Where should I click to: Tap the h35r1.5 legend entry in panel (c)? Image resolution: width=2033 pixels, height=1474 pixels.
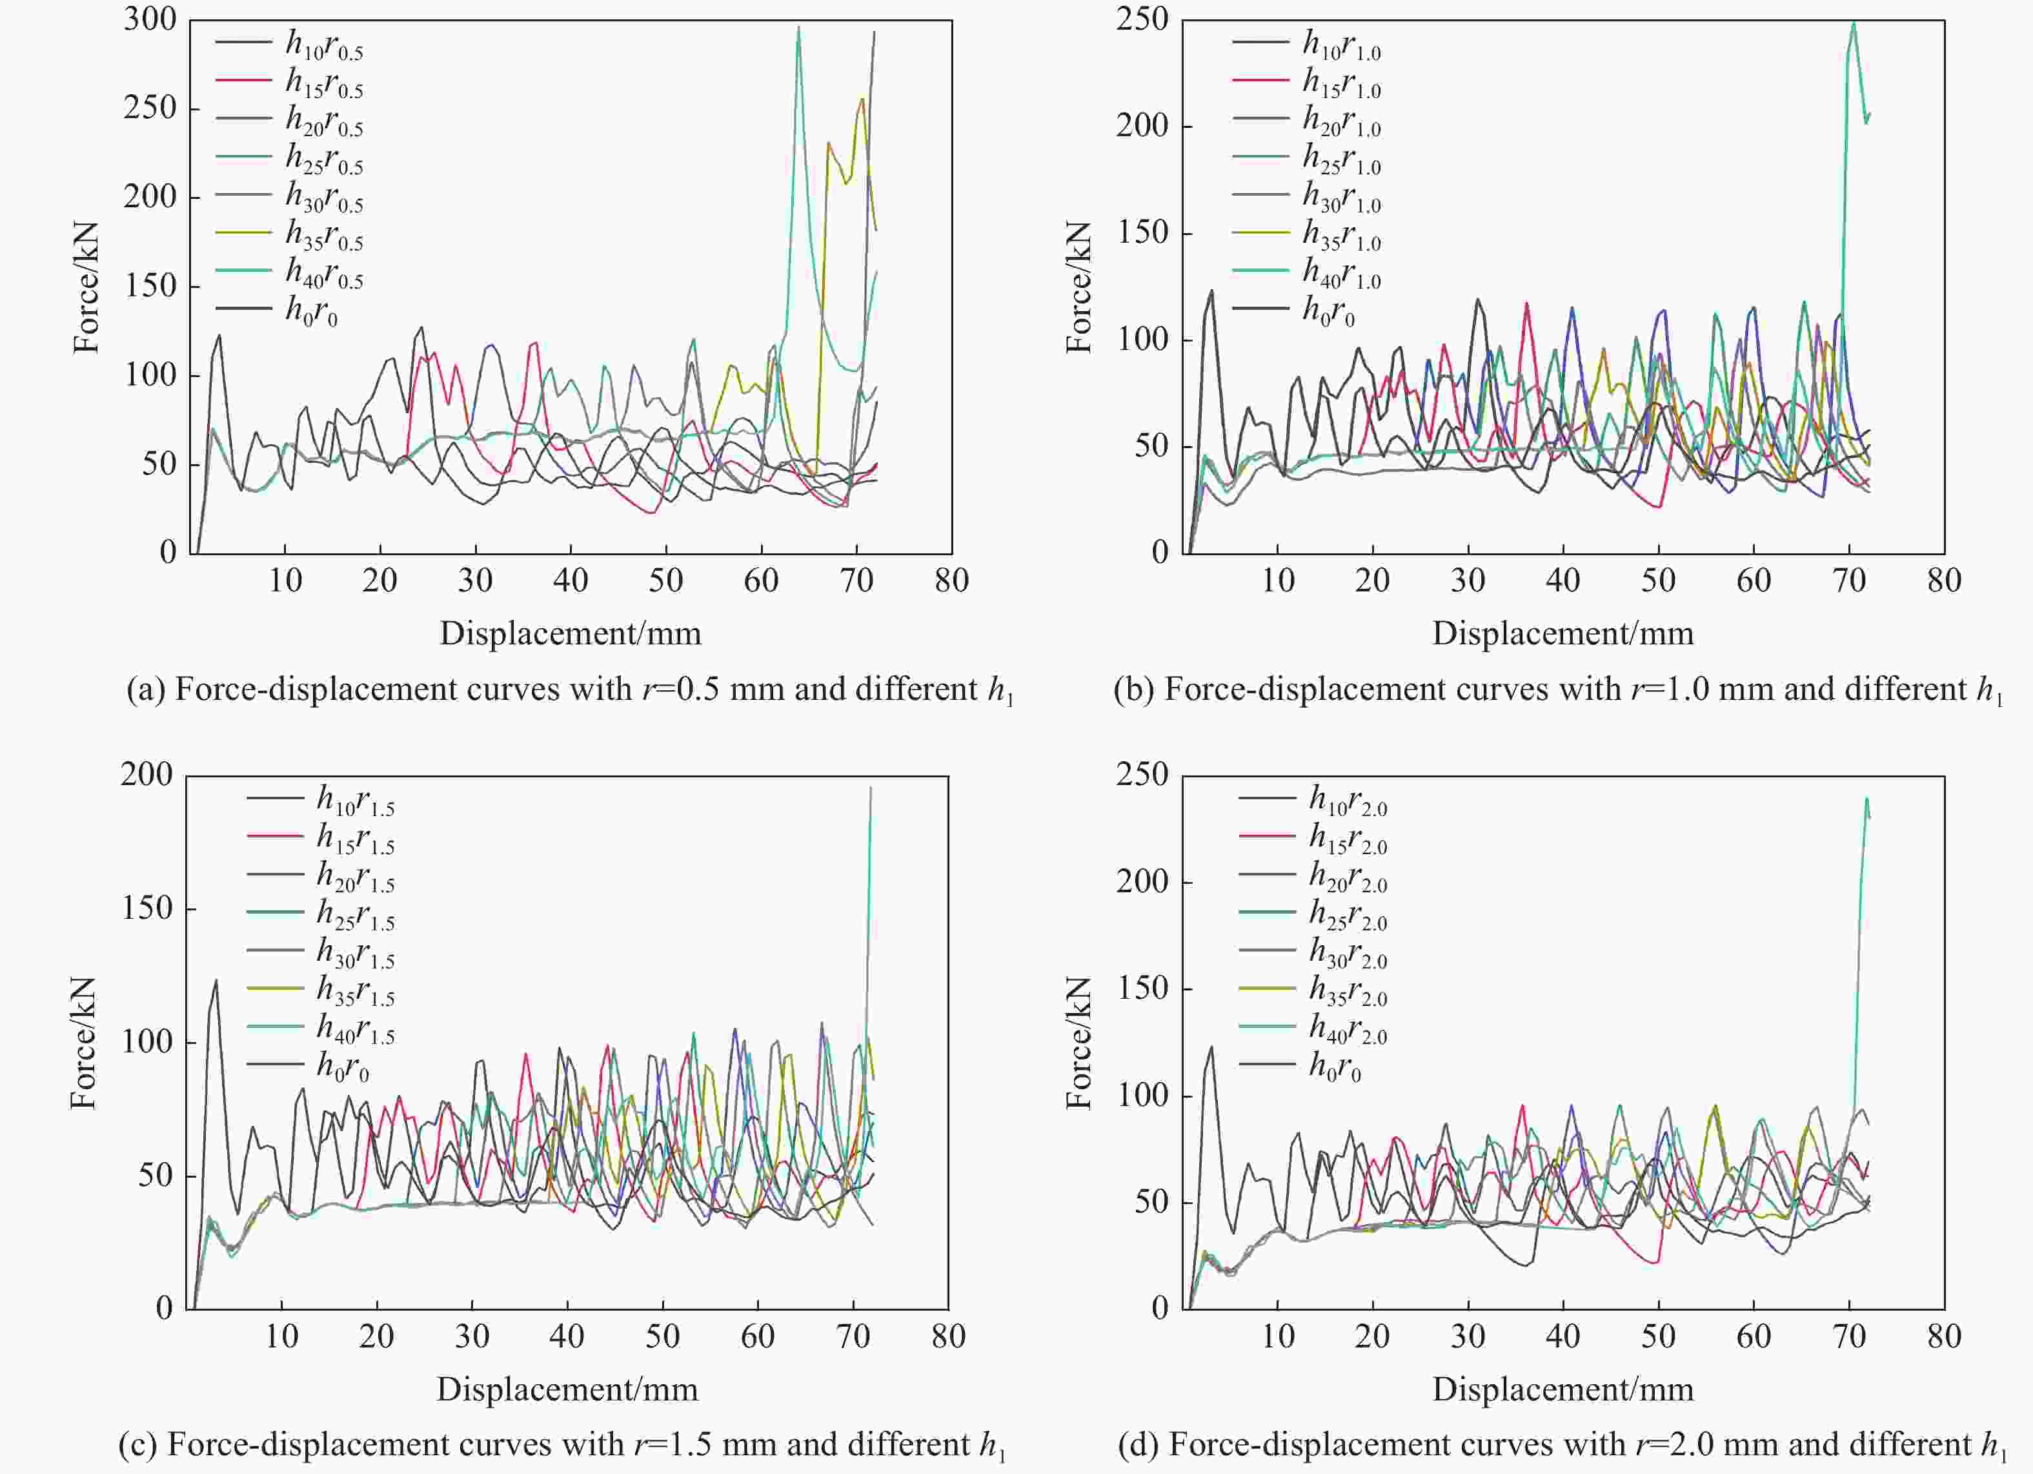[355, 990]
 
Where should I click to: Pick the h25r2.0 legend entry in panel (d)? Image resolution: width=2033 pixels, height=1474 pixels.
[1348, 914]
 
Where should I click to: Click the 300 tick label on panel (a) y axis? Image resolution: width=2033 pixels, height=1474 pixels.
[150, 20]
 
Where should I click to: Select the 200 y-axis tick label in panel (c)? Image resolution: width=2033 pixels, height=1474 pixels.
[146, 775]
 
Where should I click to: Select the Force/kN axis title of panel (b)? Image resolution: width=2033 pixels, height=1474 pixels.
[1078, 287]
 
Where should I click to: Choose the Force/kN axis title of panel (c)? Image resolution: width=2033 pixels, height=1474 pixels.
[83, 1043]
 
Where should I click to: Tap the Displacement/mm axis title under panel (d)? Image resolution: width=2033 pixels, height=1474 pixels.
[1563, 1389]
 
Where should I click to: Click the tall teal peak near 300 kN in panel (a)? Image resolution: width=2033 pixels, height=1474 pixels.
[798, 28]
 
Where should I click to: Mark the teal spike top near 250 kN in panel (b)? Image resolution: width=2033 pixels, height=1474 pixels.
[1853, 23]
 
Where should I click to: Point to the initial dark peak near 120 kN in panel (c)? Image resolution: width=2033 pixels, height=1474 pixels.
[215, 981]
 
